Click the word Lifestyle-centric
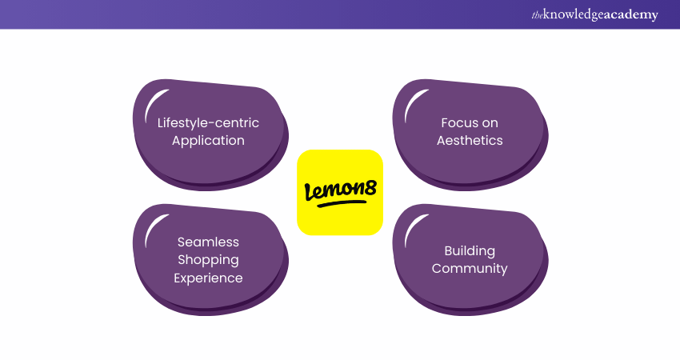208,122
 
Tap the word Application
208,141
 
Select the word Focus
458,122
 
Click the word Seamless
208,242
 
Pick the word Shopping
208,260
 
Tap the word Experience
208,278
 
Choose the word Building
470,250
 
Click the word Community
470,269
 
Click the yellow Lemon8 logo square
340,192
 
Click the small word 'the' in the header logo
537,14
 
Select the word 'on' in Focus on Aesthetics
490,122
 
